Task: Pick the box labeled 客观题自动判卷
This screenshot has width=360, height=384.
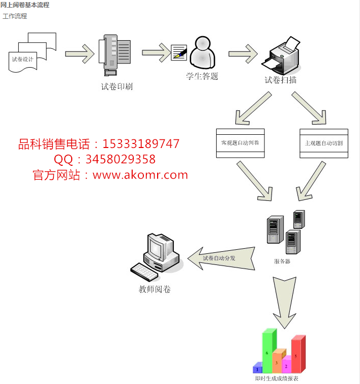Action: click(x=240, y=143)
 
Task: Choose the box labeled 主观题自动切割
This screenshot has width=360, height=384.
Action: click(x=324, y=143)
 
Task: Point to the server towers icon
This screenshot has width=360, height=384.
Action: click(x=286, y=231)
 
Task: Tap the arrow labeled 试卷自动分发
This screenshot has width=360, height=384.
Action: click(x=222, y=258)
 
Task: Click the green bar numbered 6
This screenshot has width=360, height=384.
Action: click(x=267, y=351)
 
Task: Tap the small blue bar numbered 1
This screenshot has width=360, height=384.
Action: click(x=258, y=368)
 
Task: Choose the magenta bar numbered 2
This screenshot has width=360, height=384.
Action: click(x=286, y=365)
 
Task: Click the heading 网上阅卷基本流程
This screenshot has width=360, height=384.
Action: click(x=25, y=5)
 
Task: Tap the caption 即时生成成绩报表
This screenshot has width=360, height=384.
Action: click(x=277, y=379)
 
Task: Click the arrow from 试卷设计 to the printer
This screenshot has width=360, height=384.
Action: click(x=80, y=52)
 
